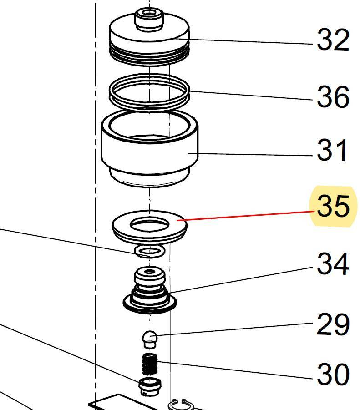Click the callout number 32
333,40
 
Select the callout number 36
333,96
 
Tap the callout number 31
332,150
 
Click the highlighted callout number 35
333,206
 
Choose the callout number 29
333,324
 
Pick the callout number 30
333,374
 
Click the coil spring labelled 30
150,364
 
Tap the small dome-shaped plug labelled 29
150,339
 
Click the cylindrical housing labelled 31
150,147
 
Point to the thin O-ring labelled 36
149,91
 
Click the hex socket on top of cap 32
149,13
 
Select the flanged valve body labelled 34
150,289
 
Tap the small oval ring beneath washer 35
150,251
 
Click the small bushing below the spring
150,386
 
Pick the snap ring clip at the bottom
181,404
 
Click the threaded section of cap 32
149,55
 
